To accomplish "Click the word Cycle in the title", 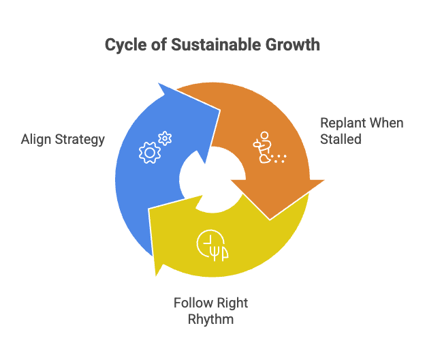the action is pyautogui.click(x=122, y=45).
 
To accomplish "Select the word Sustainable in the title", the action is pyautogui.click(x=204, y=45).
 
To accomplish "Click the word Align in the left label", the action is pyautogui.click(x=35, y=140).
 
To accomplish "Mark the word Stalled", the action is pyautogui.click(x=341, y=140).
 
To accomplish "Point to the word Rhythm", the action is pyautogui.click(x=212, y=319).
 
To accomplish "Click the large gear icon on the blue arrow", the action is pyautogui.click(x=148, y=152).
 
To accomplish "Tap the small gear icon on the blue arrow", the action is pyautogui.click(x=164, y=138).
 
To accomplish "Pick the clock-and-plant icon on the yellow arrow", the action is pyautogui.click(x=212, y=245).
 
